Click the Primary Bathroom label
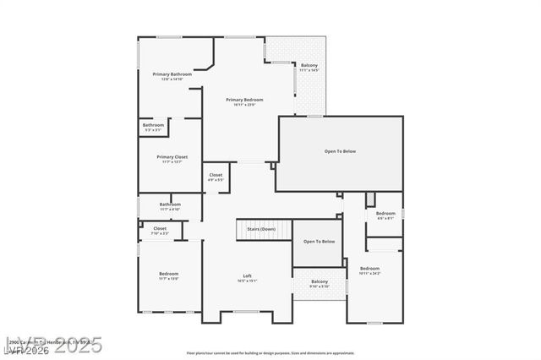172,74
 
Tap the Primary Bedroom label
240,100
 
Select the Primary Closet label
172,156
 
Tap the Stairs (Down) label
260,229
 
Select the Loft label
248,275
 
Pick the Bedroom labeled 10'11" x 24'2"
369,269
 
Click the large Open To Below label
340,151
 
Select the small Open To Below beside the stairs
319,242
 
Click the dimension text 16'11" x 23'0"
240,105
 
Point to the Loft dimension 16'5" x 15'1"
248,281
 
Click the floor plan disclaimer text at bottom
270,352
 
